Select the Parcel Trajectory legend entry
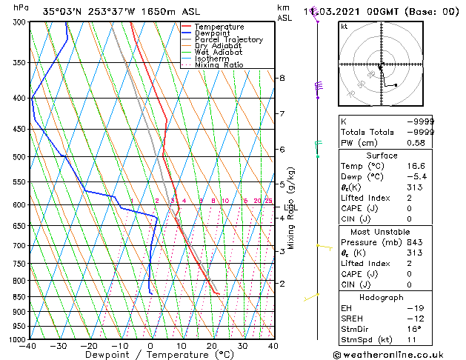click(x=228, y=40)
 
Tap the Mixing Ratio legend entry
click(x=219, y=65)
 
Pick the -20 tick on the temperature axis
click(x=89, y=346)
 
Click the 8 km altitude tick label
click(x=282, y=78)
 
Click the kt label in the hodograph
click(x=344, y=27)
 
